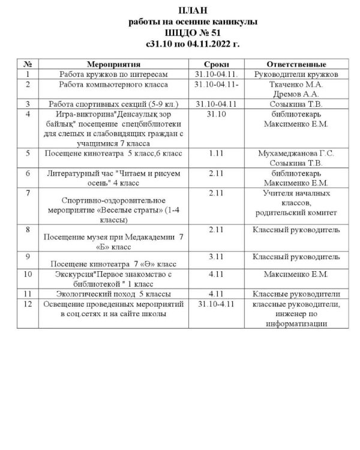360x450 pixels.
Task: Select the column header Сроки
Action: [x=215, y=64]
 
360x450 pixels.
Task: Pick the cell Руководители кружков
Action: [x=298, y=74]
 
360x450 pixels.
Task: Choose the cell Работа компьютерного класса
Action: [x=104, y=85]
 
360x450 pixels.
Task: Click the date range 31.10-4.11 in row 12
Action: [x=214, y=304]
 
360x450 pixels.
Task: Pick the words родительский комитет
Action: [x=296, y=213]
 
